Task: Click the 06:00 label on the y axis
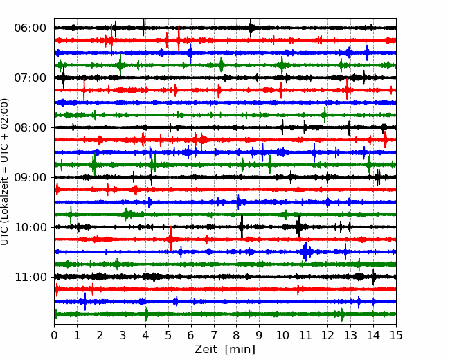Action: point(30,28)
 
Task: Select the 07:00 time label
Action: point(30,78)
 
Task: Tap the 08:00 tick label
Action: point(30,127)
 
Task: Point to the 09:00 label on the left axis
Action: point(30,177)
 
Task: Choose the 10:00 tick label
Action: point(30,227)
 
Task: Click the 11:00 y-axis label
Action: point(30,277)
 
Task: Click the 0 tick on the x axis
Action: point(55,336)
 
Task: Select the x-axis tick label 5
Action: point(168,336)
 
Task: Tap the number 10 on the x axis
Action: point(282,336)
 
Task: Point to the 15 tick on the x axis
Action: point(395,336)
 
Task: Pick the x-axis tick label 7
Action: point(214,336)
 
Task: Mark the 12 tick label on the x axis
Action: point(327,336)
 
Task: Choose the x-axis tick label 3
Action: point(123,336)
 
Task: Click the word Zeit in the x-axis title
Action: point(206,350)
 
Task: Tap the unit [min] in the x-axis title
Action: point(240,350)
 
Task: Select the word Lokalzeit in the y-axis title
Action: point(6,194)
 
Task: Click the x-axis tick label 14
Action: point(372,336)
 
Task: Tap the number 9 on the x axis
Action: point(259,336)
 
